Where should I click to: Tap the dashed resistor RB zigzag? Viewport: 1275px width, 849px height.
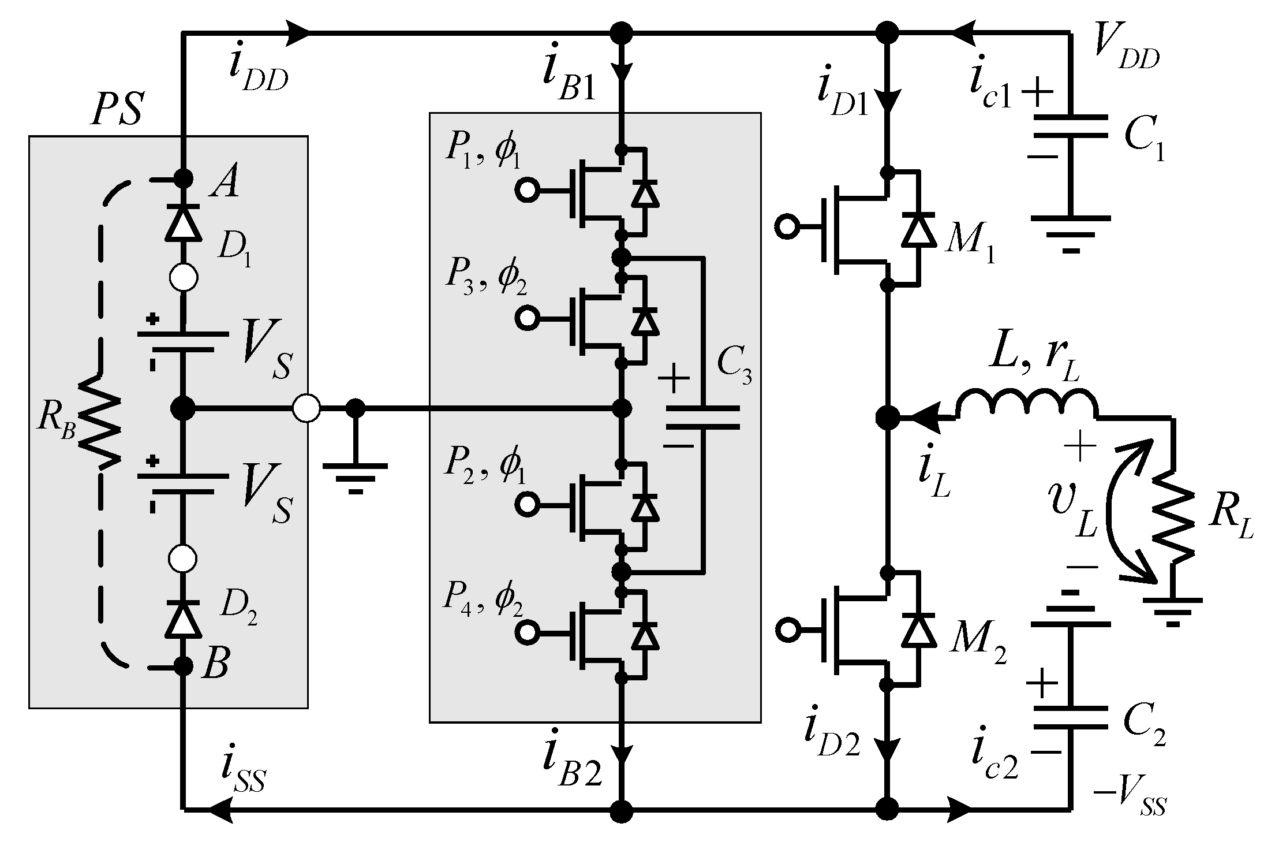click(99, 422)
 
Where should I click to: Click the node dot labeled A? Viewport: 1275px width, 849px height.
click(184, 178)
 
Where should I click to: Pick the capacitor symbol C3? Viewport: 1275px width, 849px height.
click(703, 418)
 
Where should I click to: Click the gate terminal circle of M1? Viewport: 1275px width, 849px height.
click(786, 227)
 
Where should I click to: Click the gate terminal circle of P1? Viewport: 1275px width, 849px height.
click(526, 191)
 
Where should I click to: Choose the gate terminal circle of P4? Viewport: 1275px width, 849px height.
click(526, 632)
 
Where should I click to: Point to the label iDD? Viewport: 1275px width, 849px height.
click(257, 72)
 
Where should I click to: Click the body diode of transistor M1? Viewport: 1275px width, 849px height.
click(918, 229)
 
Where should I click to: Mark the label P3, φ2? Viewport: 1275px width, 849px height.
click(485, 278)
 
